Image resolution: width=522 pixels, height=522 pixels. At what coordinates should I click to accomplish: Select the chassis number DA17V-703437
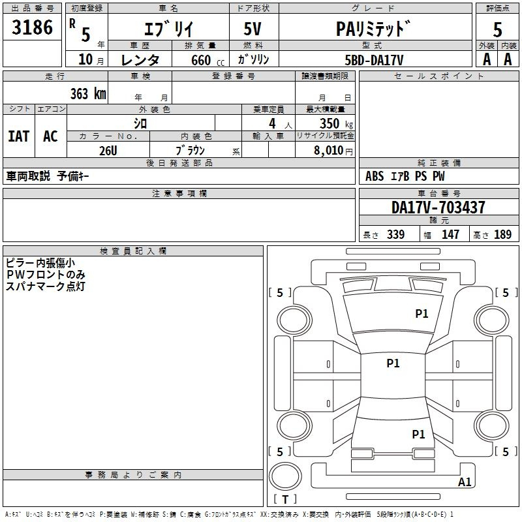[x=438, y=207]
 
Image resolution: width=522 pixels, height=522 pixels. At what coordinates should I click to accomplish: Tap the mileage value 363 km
[x=88, y=93]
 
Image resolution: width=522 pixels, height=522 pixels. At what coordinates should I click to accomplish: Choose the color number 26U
[x=108, y=149]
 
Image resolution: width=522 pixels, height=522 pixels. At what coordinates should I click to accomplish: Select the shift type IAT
[x=18, y=136]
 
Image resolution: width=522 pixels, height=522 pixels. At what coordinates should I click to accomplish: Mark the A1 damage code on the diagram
[x=465, y=482]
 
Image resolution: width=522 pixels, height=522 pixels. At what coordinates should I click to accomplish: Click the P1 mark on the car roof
[x=393, y=363]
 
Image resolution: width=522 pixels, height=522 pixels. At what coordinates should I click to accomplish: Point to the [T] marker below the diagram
[x=284, y=499]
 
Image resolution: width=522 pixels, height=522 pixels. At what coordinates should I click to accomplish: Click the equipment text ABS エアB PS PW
[x=405, y=176]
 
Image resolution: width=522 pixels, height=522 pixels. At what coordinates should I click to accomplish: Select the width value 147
[x=450, y=234]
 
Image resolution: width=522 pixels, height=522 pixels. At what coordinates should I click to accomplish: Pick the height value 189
[x=502, y=234]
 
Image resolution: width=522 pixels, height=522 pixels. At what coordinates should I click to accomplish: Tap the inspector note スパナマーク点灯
[x=46, y=286]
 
